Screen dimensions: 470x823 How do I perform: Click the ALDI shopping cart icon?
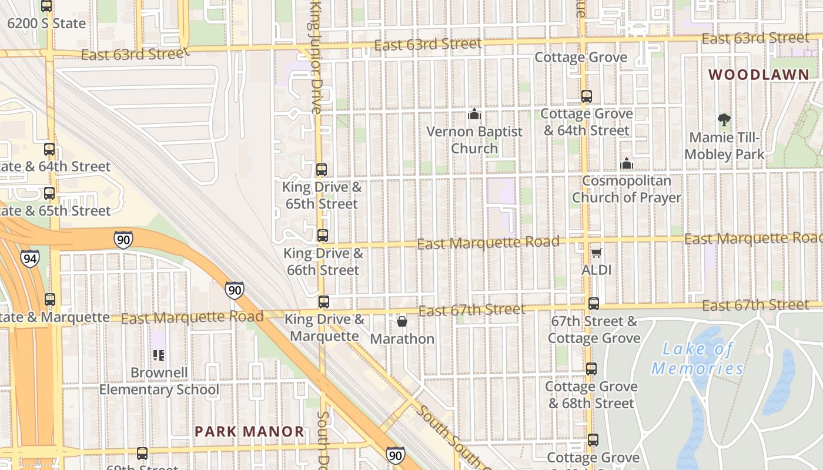(596, 253)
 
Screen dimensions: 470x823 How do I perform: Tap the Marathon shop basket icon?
(402, 321)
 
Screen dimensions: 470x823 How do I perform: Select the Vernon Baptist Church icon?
(474, 114)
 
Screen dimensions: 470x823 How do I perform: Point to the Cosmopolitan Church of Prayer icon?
(627, 163)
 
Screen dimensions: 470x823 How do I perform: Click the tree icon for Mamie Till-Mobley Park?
(724, 120)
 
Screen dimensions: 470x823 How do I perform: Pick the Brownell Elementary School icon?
(159, 355)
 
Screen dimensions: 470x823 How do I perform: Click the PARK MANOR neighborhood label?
(249, 432)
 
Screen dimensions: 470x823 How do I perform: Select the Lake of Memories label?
(697, 358)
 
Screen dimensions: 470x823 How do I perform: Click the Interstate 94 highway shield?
(29, 258)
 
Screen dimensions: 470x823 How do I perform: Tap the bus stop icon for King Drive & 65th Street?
(321, 170)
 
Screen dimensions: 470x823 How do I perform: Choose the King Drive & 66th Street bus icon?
(322, 236)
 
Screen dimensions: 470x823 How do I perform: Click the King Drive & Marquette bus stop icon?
(323, 302)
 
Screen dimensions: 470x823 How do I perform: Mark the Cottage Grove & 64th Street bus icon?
(586, 96)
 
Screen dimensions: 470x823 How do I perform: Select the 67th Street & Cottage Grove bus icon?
(594, 304)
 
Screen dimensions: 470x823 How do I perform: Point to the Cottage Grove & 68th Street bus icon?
(591, 369)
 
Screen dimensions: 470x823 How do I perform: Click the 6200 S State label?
(47, 23)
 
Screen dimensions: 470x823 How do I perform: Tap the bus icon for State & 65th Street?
(49, 193)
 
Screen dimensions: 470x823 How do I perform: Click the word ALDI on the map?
(596, 270)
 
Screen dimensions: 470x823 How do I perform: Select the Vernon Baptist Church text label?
(474, 140)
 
